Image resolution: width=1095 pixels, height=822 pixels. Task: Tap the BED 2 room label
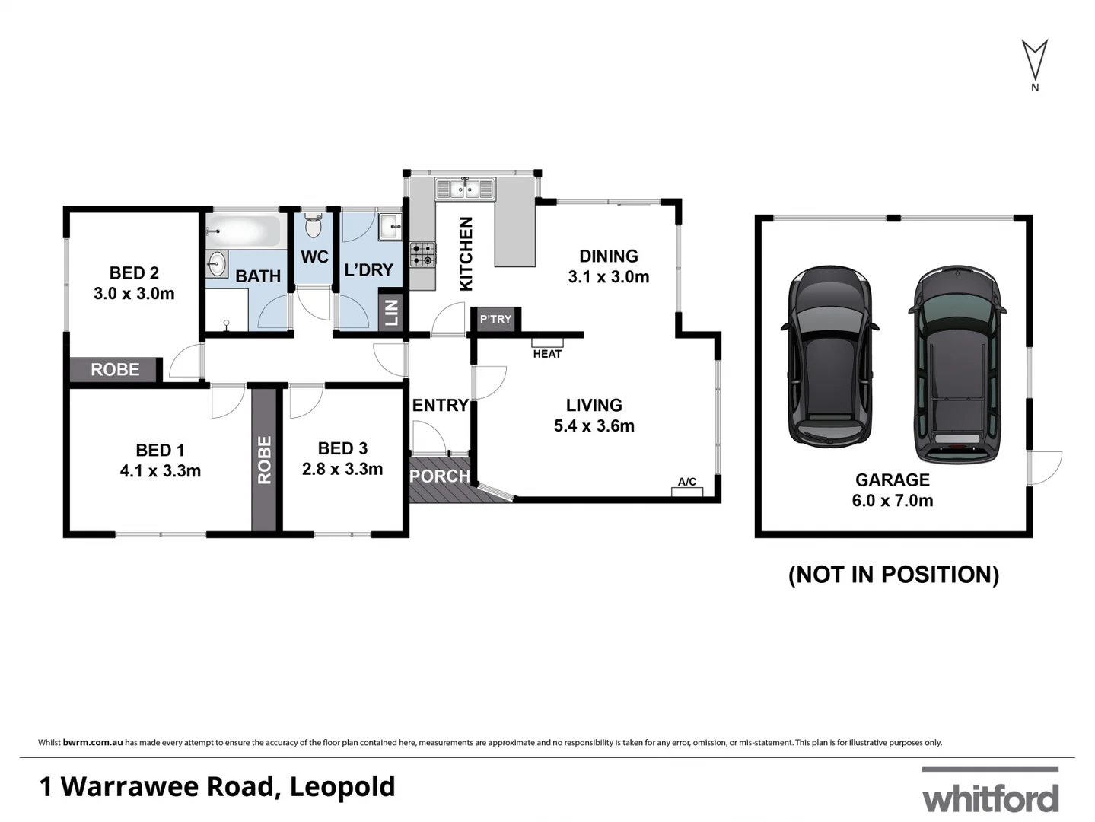pos(134,272)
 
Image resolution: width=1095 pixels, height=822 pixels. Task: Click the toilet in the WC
pos(314,226)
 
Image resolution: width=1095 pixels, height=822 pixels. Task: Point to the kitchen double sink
pos(464,188)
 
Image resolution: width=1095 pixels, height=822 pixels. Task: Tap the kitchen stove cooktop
pos(423,254)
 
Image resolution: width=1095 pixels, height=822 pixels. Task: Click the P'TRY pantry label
pos(495,320)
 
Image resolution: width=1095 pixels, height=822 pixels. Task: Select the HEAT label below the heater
pos(547,354)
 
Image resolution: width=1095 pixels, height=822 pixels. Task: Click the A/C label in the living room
pos(686,482)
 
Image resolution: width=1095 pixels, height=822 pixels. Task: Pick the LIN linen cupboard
pos(391,312)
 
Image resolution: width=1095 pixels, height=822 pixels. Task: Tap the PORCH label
pos(440,476)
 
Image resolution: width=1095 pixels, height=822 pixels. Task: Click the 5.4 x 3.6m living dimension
pos(594,426)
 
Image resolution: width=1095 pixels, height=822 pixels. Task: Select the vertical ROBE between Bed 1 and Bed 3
pos(264,460)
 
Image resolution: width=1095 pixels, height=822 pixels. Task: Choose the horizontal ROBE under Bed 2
pos(115,370)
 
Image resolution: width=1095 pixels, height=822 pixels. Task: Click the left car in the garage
pos(829,356)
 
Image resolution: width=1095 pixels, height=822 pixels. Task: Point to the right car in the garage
pos(957,365)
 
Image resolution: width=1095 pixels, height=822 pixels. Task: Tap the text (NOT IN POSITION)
pos(893,575)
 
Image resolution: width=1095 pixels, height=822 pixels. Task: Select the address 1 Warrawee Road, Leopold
pos(217,786)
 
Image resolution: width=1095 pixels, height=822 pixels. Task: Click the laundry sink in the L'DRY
pos(390,225)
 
